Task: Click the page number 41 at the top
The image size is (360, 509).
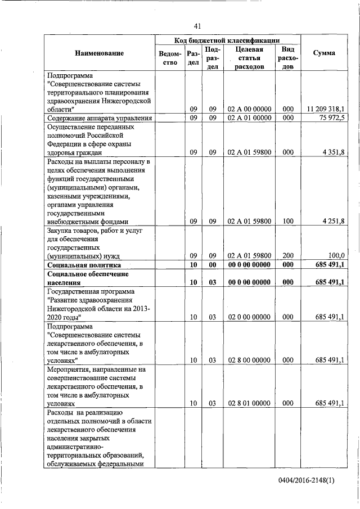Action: pyautogui.click(x=197, y=26)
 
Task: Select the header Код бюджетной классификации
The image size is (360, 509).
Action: pyautogui.click(x=228, y=40)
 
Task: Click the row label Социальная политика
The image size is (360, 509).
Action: pyautogui.click(x=81, y=265)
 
